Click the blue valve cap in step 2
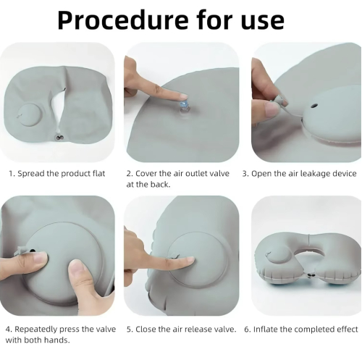tap(184, 105)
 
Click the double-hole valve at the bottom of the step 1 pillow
tap(59, 138)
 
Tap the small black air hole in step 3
tap(314, 106)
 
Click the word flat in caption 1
tap(99, 173)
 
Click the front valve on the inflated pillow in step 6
tap(311, 276)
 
